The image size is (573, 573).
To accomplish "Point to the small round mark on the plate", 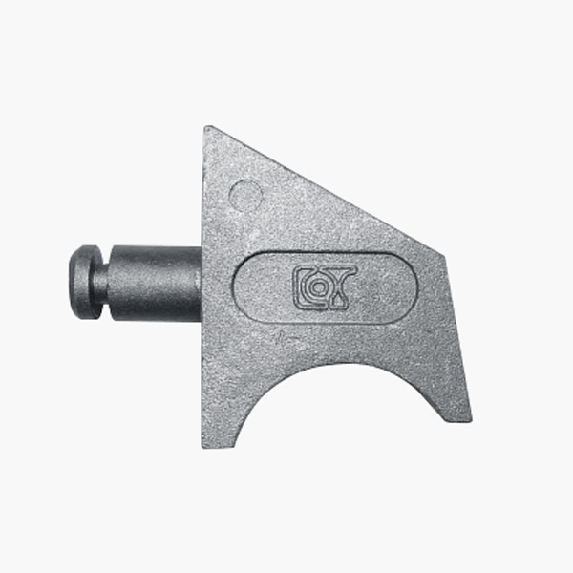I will pos(245,196).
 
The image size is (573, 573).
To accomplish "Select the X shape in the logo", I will pos(342,281).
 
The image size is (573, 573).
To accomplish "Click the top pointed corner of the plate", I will pos(205,126).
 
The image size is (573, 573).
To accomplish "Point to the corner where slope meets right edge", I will pos(444,255).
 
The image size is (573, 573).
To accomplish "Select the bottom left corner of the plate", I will pos(203,446).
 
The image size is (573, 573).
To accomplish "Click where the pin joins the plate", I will pos(202,283).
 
